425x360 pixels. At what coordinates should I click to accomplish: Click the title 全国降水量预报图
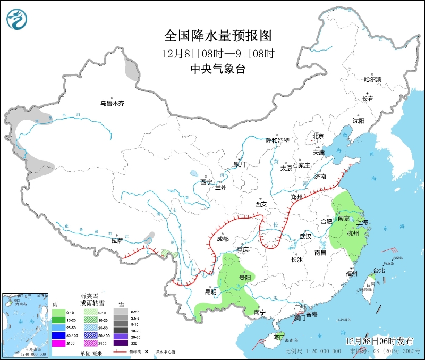click(218, 36)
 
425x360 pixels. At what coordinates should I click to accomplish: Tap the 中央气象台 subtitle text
click(218, 69)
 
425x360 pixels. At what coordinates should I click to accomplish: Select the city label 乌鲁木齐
click(113, 103)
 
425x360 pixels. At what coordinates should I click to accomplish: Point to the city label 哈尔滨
click(372, 80)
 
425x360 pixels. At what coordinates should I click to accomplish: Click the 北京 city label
click(318, 136)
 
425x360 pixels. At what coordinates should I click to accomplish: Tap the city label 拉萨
click(117, 240)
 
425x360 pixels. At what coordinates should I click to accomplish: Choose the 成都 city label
click(224, 239)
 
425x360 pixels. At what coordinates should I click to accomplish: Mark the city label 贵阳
click(245, 278)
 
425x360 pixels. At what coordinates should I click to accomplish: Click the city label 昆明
click(210, 291)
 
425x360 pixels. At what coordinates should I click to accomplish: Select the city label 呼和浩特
click(277, 140)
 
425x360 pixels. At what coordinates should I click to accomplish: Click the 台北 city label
click(379, 271)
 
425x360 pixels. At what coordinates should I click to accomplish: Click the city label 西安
click(260, 204)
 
